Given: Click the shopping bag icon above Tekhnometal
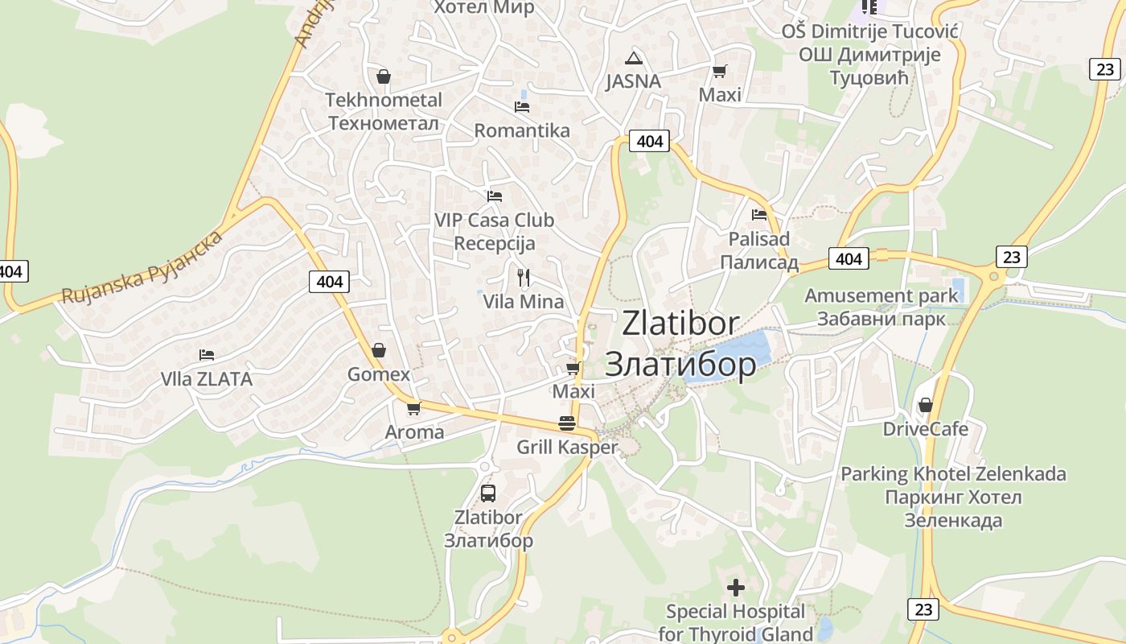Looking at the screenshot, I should pos(384,76).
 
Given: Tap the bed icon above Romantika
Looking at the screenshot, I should pos(522,106).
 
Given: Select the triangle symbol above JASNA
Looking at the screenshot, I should pos(634,58).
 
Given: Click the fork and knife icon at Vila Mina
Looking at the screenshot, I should pos(524,278).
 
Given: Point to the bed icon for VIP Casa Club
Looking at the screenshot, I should pos(495,196).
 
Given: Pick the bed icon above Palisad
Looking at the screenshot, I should pos(759,215).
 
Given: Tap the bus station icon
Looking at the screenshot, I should pos(488,493).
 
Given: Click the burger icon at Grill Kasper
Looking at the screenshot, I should pos(567,423).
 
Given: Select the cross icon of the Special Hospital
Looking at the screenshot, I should pos(735,588).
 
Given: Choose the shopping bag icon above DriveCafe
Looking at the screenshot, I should pos(926,405).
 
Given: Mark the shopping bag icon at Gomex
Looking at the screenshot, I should pos(379,351).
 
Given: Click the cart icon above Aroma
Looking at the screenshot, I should pos(414,409).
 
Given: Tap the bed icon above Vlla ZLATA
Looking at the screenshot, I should pos(207,355).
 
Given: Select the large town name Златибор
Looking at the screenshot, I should pos(680,364).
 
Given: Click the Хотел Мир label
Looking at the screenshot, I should pos(483,8).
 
